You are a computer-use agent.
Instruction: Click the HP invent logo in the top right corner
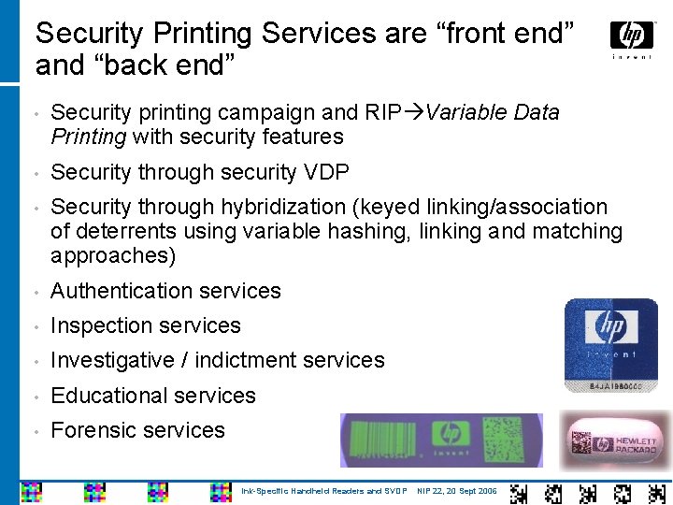pos(632,38)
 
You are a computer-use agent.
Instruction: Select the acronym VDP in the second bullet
pos(327,172)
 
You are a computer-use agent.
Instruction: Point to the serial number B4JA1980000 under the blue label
pos(611,384)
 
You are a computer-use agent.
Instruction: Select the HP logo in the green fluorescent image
pos(449,433)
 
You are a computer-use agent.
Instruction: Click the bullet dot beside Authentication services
pos(35,292)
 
